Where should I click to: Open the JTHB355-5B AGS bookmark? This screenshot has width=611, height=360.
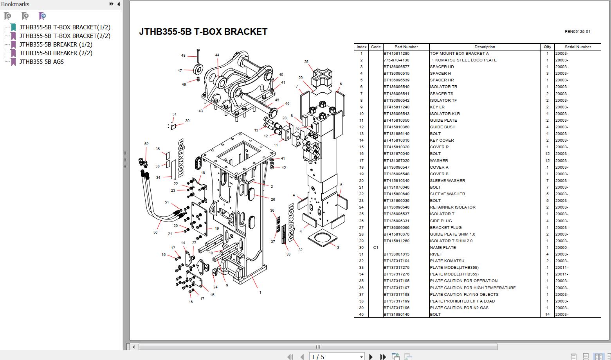coord(41,62)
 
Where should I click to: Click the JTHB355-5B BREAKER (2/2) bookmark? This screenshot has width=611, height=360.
coord(56,53)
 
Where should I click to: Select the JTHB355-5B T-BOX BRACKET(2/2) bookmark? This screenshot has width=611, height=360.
coord(65,36)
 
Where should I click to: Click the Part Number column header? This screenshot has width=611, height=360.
coord(406,47)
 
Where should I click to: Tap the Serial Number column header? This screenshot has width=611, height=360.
coord(578,47)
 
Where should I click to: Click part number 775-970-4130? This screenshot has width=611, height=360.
coord(396,60)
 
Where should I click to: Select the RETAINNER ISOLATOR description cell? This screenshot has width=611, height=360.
coord(452,207)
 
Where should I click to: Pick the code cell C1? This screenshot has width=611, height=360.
coord(376,248)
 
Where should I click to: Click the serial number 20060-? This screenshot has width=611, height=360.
coord(562,248)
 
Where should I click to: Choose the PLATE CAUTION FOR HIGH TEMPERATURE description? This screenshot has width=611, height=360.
coord(472,288)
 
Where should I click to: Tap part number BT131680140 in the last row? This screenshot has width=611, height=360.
coord(396,315)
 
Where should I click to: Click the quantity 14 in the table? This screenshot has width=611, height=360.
coord(547,315)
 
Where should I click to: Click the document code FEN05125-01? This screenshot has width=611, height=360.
coord(577,32)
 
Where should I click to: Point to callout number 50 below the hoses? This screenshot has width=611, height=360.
coord(155,232)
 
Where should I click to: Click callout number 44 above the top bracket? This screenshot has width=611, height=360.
coord(217,55)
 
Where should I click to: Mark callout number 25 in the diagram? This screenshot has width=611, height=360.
coord(306,62)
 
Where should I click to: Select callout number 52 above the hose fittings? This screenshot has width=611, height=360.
coord(146,144)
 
